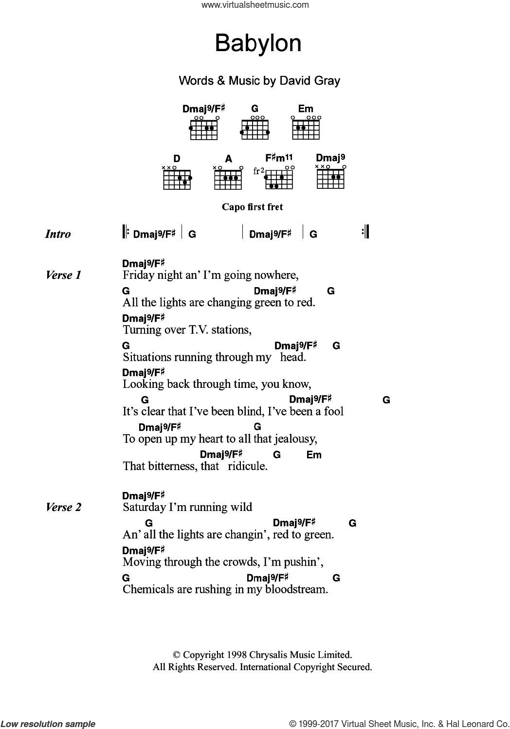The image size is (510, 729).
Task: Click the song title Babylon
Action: click(x=258, y=44)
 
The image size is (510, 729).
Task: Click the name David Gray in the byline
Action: click(x=309, y=81)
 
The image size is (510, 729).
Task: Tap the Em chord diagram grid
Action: click(x=306, y=129)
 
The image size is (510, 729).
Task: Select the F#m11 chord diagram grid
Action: click(x=280, y=179)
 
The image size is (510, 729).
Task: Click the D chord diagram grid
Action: click(x=177, y=179)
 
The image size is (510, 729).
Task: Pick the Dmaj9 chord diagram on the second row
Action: click(x=331, y=178)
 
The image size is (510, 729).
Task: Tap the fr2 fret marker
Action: click(x=258, y=171)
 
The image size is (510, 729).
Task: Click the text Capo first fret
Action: click(x=252, y=207)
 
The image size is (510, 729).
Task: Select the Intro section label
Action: click(x=58, y=234)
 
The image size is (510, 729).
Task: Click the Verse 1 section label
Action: click(x=63, y=275)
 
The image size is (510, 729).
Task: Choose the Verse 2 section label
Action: click(x=63, y=508)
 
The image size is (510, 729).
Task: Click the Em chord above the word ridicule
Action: click(x=314, y=455)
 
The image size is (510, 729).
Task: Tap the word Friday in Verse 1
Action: click(x=138, y=275)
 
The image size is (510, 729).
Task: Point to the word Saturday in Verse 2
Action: click(x=144, y=508)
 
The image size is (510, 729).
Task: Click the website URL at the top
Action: click(x=255, y=5)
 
